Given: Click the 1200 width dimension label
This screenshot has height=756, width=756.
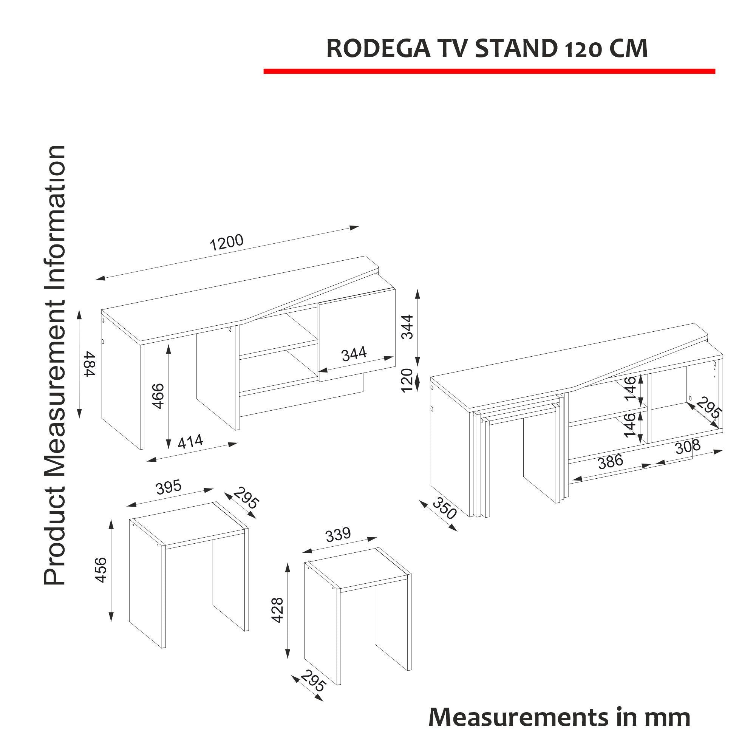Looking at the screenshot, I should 227,242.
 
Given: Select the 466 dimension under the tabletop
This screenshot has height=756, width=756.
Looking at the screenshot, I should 158,396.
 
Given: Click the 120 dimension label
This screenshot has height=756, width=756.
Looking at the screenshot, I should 407,379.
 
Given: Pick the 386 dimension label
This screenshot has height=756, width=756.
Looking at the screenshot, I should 610,462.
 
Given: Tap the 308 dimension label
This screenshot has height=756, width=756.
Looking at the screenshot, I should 688,447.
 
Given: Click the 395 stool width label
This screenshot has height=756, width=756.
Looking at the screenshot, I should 169,487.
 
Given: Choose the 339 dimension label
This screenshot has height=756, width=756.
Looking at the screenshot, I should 338,535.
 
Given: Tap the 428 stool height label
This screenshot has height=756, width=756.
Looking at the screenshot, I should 277,610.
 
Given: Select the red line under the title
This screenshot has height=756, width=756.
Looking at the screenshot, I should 489,71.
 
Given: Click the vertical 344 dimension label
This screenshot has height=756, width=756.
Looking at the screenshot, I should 407,327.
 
